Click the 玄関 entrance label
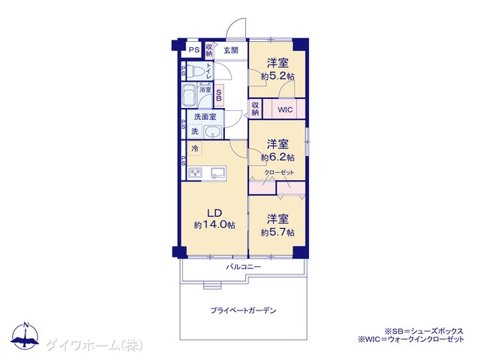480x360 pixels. [231, 50]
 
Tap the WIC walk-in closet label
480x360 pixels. [285, 109]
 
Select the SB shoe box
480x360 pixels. [219, 95]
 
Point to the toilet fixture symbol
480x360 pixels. [196, 72]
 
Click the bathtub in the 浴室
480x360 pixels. [189, 95]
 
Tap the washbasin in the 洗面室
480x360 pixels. [213, 132]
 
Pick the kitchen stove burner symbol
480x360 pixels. [195, 173]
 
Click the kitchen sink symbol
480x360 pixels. [218, 173]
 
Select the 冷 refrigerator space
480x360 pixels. [195, 148]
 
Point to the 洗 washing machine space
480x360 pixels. [195, 132]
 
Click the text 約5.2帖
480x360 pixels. [277, 76]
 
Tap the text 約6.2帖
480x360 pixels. [277, 157]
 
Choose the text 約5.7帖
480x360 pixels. [277, 232]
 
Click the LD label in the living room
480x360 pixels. [214, 213]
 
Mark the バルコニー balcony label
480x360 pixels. [244, 267]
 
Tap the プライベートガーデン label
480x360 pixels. [243, 310]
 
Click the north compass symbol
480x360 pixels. [25, 336]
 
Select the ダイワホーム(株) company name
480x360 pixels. [94, 346]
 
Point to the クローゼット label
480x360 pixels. [279, 172]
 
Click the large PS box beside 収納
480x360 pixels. [192, 50]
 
